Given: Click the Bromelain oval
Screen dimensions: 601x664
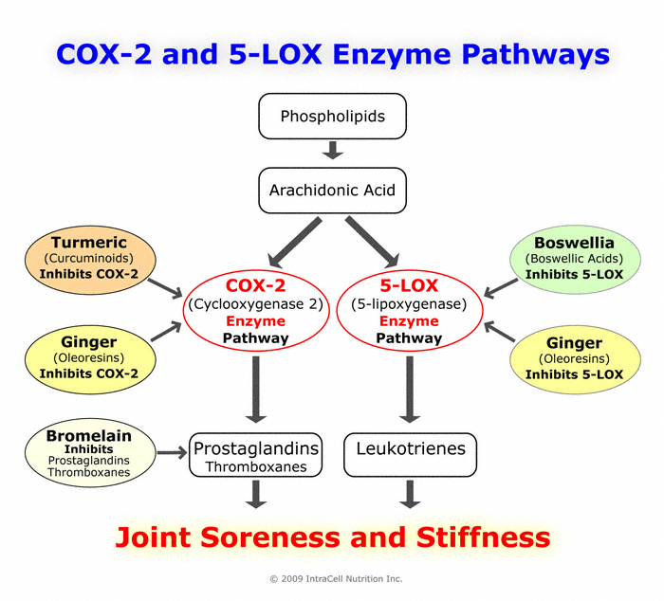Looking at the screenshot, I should [88, 453].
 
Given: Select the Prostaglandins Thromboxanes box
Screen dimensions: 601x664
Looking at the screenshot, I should [255, 455].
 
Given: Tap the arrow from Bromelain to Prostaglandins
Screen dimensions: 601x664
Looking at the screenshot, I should [171, 453].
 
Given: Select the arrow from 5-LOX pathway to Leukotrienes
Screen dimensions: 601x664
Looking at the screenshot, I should [410, 389].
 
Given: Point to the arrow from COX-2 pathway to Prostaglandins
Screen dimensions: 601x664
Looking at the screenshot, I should [254, 389].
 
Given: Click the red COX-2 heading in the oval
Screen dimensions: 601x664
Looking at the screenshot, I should [254, 284].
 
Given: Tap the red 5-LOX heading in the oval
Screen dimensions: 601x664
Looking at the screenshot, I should [409, 284].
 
